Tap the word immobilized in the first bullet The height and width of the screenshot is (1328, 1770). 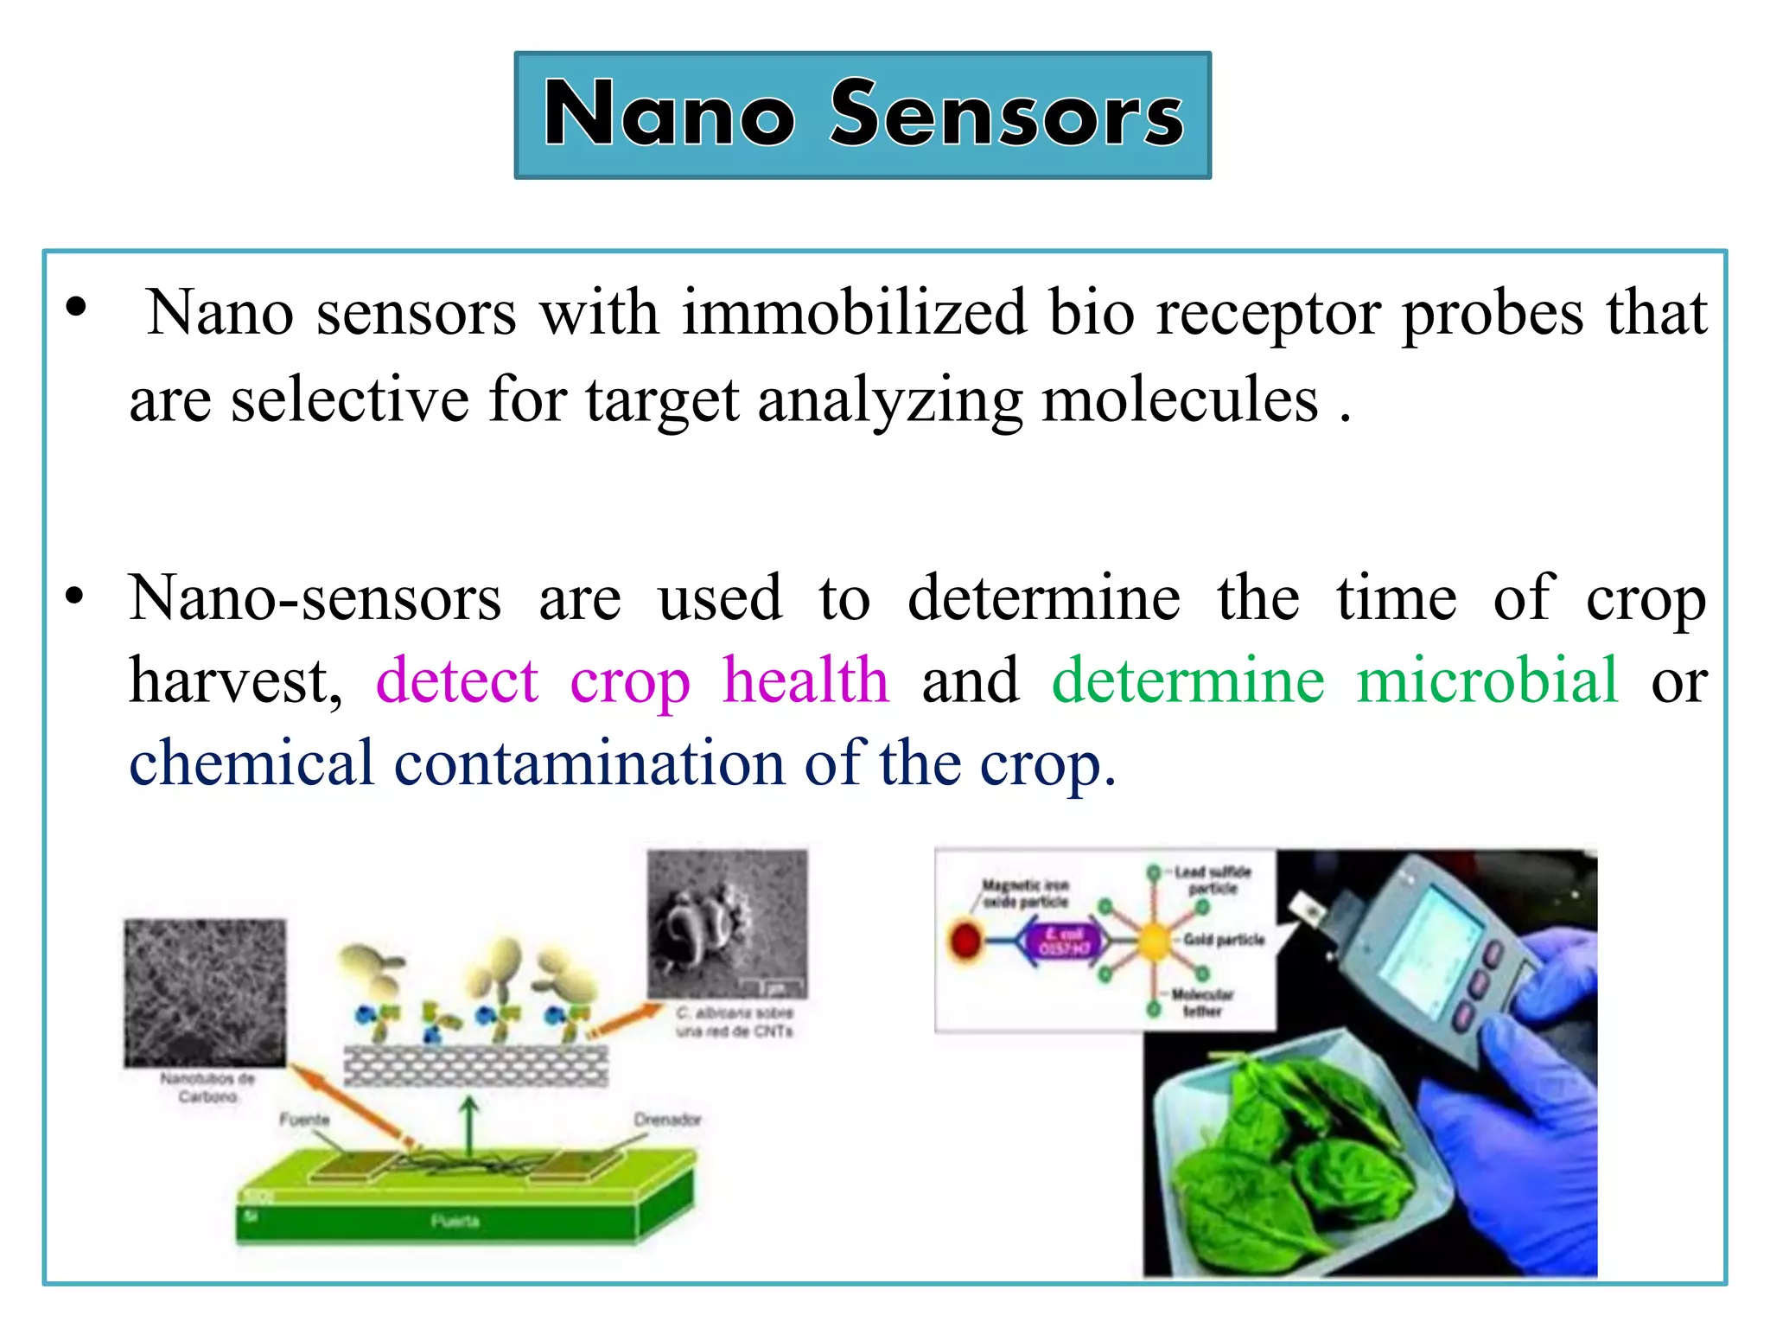click(x=854, y=313)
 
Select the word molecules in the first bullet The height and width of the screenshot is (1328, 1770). click(x=1180, y=401)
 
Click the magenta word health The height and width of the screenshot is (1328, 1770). click(x=805, y=681)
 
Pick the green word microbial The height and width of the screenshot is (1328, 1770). click(x=1487, y=681)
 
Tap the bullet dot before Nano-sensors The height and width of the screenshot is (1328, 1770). click(x=76, y=597)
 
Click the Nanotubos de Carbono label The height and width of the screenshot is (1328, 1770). click(x=207, y=1088)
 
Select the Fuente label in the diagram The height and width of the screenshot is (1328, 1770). click(x=304, y=1120)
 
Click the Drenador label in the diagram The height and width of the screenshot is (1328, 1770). click(x=667, y=1120)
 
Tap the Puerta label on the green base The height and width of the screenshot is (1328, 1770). click(x=455, y=1221)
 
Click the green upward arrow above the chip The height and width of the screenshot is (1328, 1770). click(x=468, y=1124)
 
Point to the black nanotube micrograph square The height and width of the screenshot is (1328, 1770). click(x=205, y=993)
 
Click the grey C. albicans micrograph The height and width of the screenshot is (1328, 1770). click(x=727, y=923)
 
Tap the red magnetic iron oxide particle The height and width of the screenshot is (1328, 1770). click(x=966, y=940)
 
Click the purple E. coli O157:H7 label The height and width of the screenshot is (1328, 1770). click(x=1065, y=941)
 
